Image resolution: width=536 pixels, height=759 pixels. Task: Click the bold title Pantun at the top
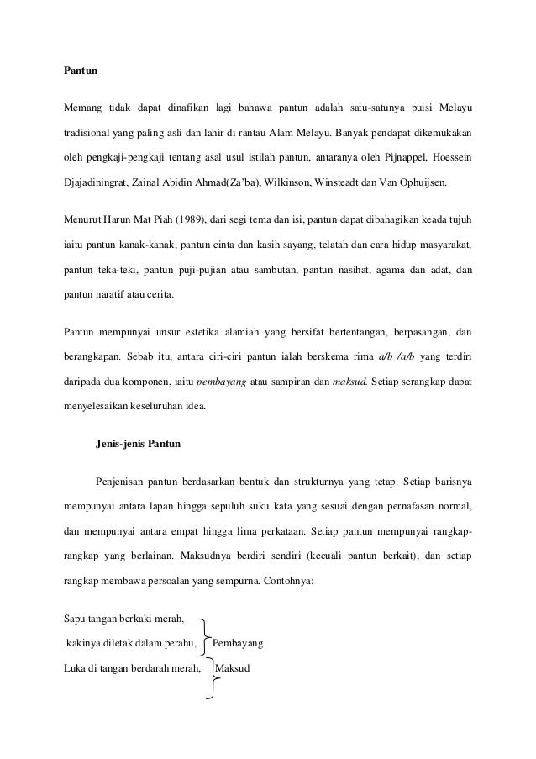(81, 73)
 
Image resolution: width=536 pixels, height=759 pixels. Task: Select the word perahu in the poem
(177, 646)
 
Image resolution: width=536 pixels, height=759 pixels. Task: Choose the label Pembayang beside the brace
(239, 646)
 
